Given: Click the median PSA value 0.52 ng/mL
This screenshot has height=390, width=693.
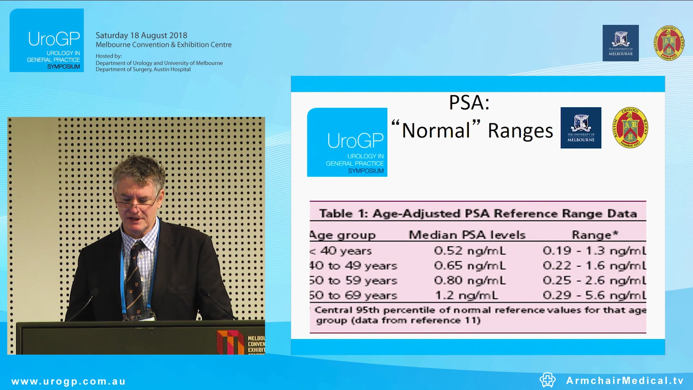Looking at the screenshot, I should (470, 251).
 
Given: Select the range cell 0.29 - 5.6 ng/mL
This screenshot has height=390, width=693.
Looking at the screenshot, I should (594, 295).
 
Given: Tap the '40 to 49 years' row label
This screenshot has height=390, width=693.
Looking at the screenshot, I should (353, 266).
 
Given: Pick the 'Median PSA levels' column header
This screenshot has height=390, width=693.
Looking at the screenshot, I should (467, 235).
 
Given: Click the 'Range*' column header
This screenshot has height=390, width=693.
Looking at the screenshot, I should (595, 235).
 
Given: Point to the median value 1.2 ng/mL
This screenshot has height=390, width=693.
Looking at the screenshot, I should (466, 295).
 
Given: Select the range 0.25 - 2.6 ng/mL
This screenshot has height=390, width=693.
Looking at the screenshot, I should (594, 281).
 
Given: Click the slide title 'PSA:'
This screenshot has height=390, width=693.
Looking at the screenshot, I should (469, 103).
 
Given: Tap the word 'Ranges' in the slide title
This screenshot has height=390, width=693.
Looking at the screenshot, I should (520, 131).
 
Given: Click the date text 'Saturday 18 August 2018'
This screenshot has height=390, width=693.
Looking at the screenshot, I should (141, 35).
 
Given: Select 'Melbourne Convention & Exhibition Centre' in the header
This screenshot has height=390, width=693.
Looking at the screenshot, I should (164, 45).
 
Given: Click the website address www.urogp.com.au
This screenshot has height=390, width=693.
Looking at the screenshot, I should (69, 381).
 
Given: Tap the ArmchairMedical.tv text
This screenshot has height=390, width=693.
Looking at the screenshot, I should (625, 381).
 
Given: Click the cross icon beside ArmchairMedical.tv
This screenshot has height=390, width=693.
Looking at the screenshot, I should (548, 380).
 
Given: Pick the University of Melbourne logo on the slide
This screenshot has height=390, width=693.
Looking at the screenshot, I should (581, 128).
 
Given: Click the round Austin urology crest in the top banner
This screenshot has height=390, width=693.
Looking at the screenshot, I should (669, 43).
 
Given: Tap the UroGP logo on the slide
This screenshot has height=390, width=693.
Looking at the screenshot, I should (347, 142).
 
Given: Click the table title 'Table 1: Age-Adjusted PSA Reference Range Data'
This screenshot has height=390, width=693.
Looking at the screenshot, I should (478, 213).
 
